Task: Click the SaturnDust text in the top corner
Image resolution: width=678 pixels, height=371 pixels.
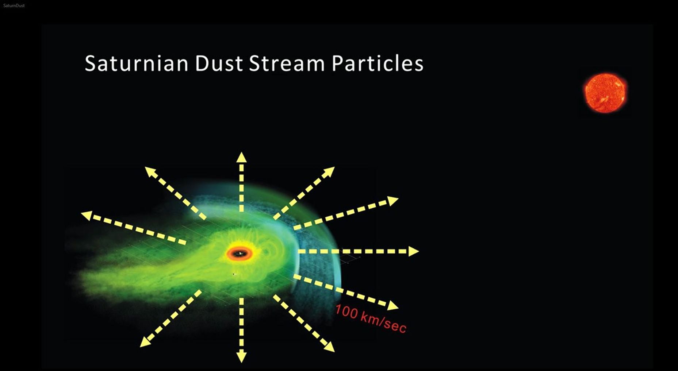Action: (14, 5)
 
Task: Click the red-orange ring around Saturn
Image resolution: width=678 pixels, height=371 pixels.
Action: (240, 254)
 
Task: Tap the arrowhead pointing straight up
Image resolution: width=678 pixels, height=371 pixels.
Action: (241, 157)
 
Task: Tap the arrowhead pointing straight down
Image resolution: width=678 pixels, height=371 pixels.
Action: (241, 357)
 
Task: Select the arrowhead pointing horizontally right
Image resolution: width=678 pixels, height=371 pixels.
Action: (413, 251)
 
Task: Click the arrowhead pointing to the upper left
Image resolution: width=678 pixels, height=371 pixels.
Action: (150, 171)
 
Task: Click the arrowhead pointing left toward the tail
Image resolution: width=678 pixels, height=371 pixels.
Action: (86, 215)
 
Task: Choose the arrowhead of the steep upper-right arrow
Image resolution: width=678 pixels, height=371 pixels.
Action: (330, 171)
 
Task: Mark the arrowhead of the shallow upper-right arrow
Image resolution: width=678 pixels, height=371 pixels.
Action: (393, 200)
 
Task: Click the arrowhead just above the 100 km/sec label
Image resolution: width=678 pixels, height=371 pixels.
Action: (393, 305)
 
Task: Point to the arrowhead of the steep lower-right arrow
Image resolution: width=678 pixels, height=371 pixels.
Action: (329, 347)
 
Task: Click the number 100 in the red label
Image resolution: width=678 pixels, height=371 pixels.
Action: (346, 312)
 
